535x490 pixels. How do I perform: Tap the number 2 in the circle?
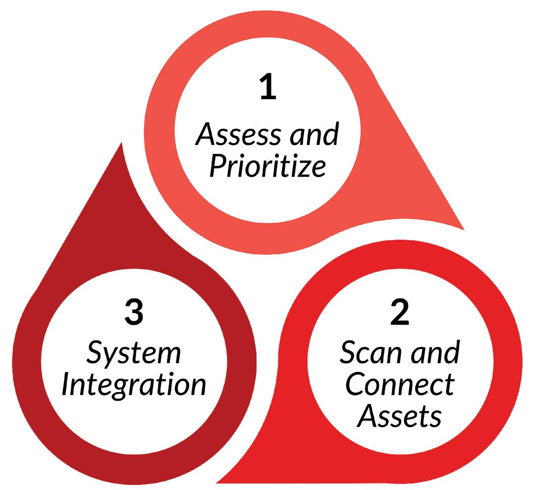399,313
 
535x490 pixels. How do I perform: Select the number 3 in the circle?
134,313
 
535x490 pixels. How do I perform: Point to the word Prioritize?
267,167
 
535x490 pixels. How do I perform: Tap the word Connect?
399,385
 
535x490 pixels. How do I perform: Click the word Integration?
134,385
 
